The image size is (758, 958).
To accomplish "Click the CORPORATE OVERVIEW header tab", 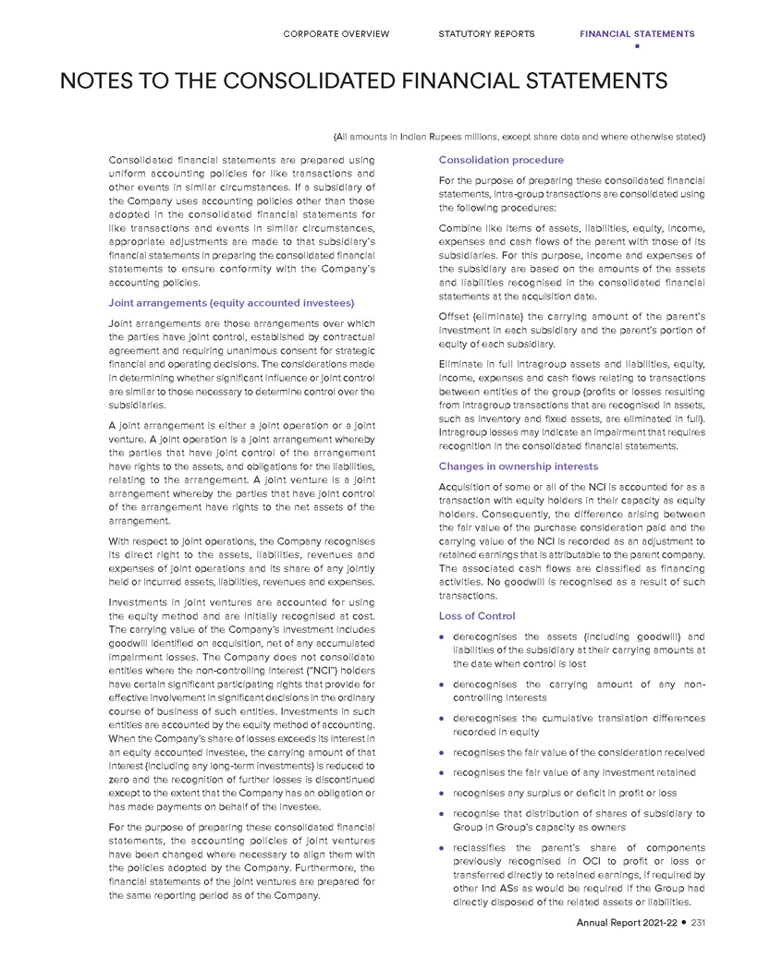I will tap(336, 34).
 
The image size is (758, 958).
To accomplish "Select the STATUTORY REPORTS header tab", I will tap(486, 34).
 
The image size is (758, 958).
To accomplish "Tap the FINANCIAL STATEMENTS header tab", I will tap(637, 34).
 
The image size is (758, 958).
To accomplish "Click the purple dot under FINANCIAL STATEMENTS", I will tap(637, 45).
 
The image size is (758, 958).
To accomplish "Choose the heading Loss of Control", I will tap(477, 615).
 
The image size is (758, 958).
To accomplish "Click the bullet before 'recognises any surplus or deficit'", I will tap(445, 794).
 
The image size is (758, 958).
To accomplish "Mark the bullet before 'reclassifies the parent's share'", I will tap(445, 847).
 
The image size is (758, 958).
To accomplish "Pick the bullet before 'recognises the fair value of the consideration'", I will tap(445, 753).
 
